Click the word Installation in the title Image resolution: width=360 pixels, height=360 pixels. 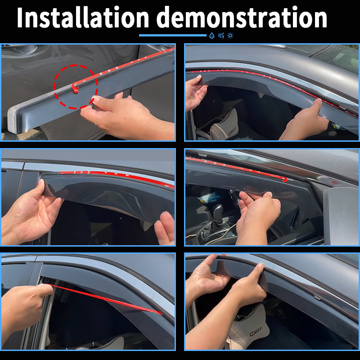[83, 18]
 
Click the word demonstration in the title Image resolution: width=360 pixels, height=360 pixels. [243, 18]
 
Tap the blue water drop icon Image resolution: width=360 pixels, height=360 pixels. [211, 36]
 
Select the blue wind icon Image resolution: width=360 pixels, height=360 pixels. [221, 36]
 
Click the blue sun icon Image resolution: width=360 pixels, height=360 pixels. [230, 36]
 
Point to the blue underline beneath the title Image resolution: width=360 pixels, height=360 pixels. [173, 36]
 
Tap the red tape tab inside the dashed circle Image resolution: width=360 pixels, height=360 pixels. [75, 89]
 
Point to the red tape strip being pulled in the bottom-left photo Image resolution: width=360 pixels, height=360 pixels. [105, 299]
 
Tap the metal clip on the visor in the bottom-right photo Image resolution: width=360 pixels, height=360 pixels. [318, 297]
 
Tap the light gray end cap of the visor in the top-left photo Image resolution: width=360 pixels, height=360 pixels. [14, 119]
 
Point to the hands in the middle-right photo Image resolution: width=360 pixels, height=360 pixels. [257, 216]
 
